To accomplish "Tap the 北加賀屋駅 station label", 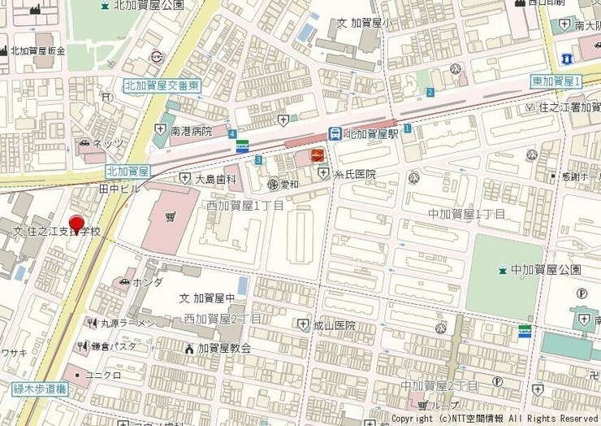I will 371,134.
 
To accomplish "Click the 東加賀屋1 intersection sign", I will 556,80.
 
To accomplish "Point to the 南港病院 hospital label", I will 190,130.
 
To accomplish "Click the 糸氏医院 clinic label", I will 357,174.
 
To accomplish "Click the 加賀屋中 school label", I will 214,298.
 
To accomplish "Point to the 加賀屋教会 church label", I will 223,348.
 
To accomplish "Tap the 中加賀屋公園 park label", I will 546,269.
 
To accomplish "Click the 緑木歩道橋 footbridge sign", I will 38,389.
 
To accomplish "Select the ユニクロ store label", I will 102,375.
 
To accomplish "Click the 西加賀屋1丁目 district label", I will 244,206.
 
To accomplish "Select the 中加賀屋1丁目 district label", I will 466,214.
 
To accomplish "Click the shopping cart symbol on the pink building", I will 170,217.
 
